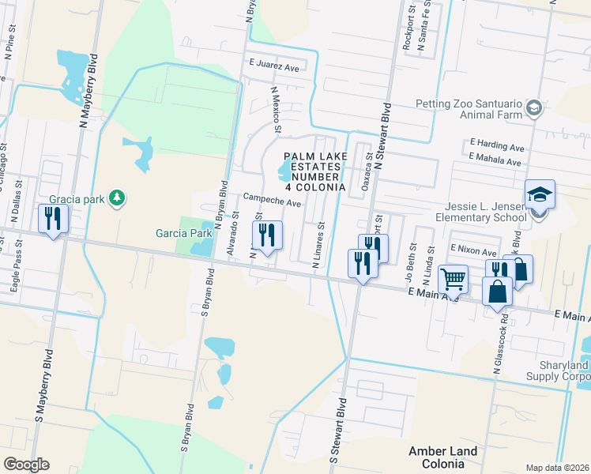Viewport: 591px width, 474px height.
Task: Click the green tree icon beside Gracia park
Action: coord(117,197)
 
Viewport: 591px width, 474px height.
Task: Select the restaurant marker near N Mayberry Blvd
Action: coord(53,218)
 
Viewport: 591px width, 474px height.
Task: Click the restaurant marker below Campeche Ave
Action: coord(266,235)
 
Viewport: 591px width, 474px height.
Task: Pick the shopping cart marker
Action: coord(452,279)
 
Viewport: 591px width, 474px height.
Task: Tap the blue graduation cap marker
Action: coord(540,194)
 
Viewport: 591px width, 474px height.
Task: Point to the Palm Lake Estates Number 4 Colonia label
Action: coord(314,172)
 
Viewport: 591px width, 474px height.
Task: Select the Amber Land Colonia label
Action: coord(442,457)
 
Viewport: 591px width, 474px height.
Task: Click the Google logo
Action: coord(26,465)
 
